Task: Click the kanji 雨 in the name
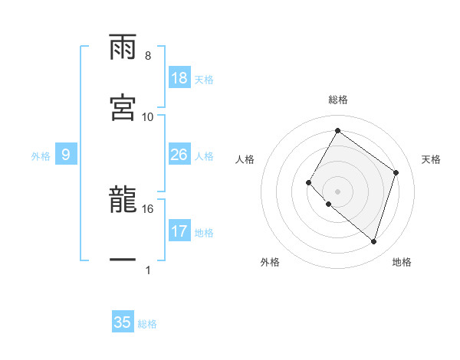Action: (x=123, y=48)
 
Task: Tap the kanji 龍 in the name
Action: (x=123, y=200)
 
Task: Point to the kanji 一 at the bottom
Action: (x=123, y=261)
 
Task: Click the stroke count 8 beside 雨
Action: (x=148, y=56)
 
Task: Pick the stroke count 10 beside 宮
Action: (x=148, y=116)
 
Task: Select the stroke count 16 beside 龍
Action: (x=148, y=208)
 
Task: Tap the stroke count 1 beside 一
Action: (x=148, y=270)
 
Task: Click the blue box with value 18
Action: (x=179, y=78)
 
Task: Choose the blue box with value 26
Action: (x=179, y=155)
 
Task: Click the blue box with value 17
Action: (x=179, y=231)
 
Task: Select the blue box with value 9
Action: (x=66, y=155)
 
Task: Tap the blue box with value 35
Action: (x=123, y=322)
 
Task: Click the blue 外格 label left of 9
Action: (x=41, y=156)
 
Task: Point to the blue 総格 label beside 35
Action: (x=147, y=324)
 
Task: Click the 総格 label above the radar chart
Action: (x=337, y=100)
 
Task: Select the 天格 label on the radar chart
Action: (x=431, y=159)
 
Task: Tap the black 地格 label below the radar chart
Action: (x=402, y=263)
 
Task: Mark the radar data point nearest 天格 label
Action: (x=396, y=172)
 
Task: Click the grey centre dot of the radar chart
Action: (x=337, y=191)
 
